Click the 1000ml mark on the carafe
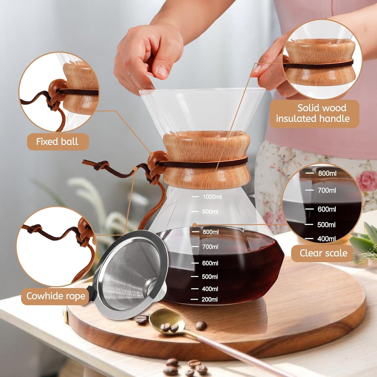click(x=212, y=197)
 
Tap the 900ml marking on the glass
click(x=210, y=212)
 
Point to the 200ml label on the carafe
click(x=209, y=300)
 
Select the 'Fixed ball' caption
click(x=57, y=142)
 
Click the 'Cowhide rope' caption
click(x=56, y=296)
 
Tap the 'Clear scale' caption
click(x=323, y=253)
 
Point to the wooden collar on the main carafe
click(x=206, y=159)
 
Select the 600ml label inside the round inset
click(x=326, y=209)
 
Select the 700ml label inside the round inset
click(x=327, y=190)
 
